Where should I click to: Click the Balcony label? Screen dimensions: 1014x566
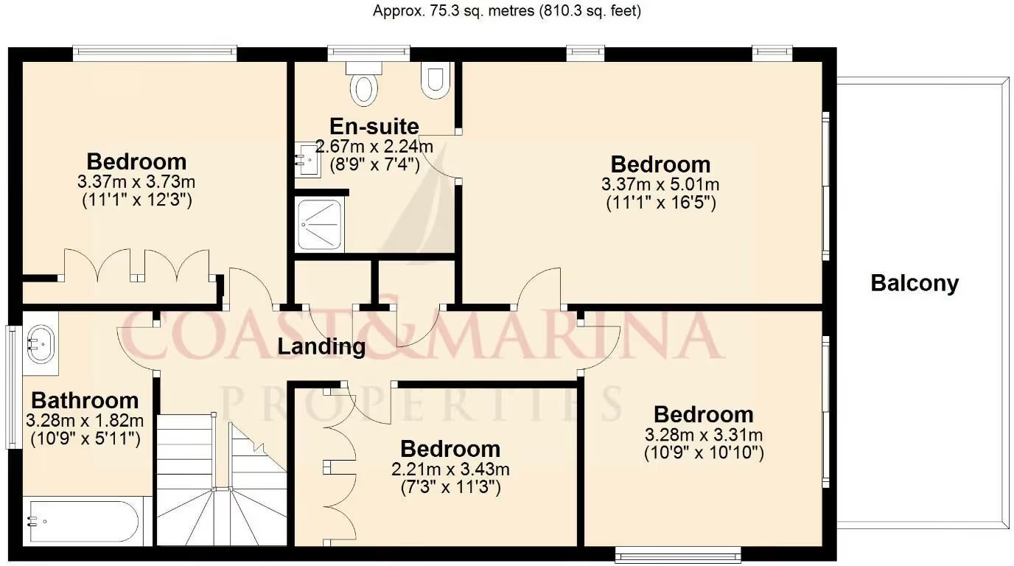pyautogui.click(x=915, y=284)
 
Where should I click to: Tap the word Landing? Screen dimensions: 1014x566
pyautogui.click(x=321, y=347)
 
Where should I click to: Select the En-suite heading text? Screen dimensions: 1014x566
pyautogui.click(x=374, y=126)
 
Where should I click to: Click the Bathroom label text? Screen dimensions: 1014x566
pyautogui.click(x=85, y=401)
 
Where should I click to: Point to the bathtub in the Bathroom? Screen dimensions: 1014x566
pyautogui.click(x=84, y=521)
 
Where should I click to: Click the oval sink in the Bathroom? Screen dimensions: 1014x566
pyautogui.click(x=41, y=343)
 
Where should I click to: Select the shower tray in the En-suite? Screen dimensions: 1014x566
pyautogui.click(x=320, y=225)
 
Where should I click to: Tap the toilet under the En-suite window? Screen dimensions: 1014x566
pyautogui.click(x=364, y=84)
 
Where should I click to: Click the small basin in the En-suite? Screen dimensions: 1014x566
pyautogui.click(x=308, y=159)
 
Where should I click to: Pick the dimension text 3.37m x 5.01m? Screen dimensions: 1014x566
pyautogui.click(x=660, y=185)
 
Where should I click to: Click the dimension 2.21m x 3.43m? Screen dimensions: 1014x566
pyautogui.click(x=450, y=469)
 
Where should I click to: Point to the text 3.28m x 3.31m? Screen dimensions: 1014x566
pyautogui.click(x=704, y=435)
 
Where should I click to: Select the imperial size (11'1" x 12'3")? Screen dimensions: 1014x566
pyautogui.click(x=137, y=200)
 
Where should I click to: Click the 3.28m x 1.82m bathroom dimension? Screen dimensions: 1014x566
pyautogui.click(x=85, y=421)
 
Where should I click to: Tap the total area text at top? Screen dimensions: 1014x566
pyautogui.click(x=507, y=10)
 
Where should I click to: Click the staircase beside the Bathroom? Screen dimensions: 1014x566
pyautogui.click(x=222, y=480)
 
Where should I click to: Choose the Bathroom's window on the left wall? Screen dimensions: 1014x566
pyautogui.click(x=13, y=387)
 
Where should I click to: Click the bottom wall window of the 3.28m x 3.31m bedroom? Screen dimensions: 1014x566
pyautogui.click(x=678, y=553)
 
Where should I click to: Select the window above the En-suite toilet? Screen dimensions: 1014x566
pyautogui.click(x=369, y=53)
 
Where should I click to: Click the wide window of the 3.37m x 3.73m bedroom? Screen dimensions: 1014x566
pyautogui.click(x=155, y=53)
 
